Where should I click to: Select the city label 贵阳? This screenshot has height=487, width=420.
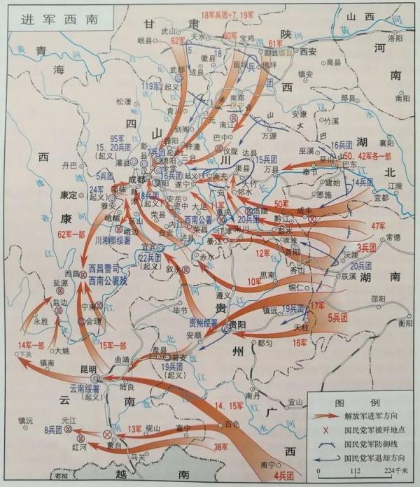[238, 325]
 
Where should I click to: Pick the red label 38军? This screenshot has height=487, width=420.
[222, 446]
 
